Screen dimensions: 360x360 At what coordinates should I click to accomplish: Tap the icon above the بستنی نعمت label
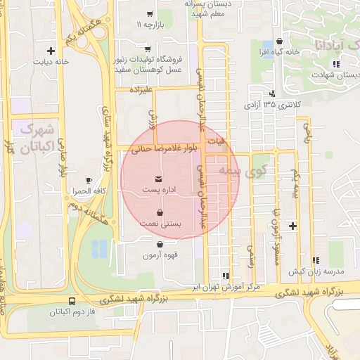pos(161,212)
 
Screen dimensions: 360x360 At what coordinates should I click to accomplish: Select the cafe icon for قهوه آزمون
pos(161,244)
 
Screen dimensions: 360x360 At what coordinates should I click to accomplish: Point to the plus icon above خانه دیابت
pos(51,51)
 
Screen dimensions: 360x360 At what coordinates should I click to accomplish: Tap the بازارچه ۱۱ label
pos(149,25)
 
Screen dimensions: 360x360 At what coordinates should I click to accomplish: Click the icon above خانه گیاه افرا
pos(281,41)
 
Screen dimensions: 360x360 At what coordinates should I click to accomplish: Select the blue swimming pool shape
pos(101,247)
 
